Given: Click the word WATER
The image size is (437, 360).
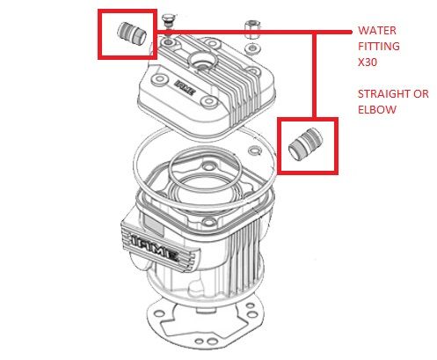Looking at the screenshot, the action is (377, 31).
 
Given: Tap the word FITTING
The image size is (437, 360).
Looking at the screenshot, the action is (379, 47).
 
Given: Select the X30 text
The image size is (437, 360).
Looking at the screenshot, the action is (368, 62).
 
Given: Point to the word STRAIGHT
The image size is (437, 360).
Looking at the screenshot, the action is (382, 94).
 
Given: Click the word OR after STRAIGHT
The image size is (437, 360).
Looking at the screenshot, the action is (418, 94).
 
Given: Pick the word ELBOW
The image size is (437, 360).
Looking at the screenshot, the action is (377, 110).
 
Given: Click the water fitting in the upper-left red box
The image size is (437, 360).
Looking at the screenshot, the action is (132, 33).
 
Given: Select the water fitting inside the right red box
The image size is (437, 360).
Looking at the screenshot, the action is (306, 143).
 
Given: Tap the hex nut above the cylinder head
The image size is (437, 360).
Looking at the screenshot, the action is (252, 30).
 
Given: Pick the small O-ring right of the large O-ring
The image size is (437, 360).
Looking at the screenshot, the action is (255, 151).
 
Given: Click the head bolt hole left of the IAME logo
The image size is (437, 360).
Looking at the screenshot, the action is (159, 79).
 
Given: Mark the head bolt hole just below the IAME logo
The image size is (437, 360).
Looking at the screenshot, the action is (209, 101).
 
